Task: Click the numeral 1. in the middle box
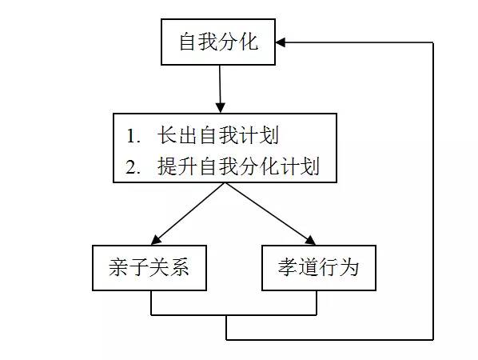pos(133,136)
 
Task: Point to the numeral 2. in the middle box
pos(133,167)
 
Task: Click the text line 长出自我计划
pos(218,135)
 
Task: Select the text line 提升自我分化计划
pos(238,166)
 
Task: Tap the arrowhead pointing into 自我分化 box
pos(281,42)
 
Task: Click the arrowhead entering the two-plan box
pos(221,108)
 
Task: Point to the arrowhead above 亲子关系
pos(156,240)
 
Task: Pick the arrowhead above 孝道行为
pos(310,241)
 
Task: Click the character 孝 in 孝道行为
pos(288,267)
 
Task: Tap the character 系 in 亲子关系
pos(180,267)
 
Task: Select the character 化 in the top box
pos(249,42)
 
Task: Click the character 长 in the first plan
pos(168,135)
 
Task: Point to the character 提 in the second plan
pos(168,166)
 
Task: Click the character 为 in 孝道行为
pos(349,267)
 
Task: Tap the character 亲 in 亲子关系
pos(118,267)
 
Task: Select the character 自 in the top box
pos(188,42)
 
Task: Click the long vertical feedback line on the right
pos(433,191)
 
